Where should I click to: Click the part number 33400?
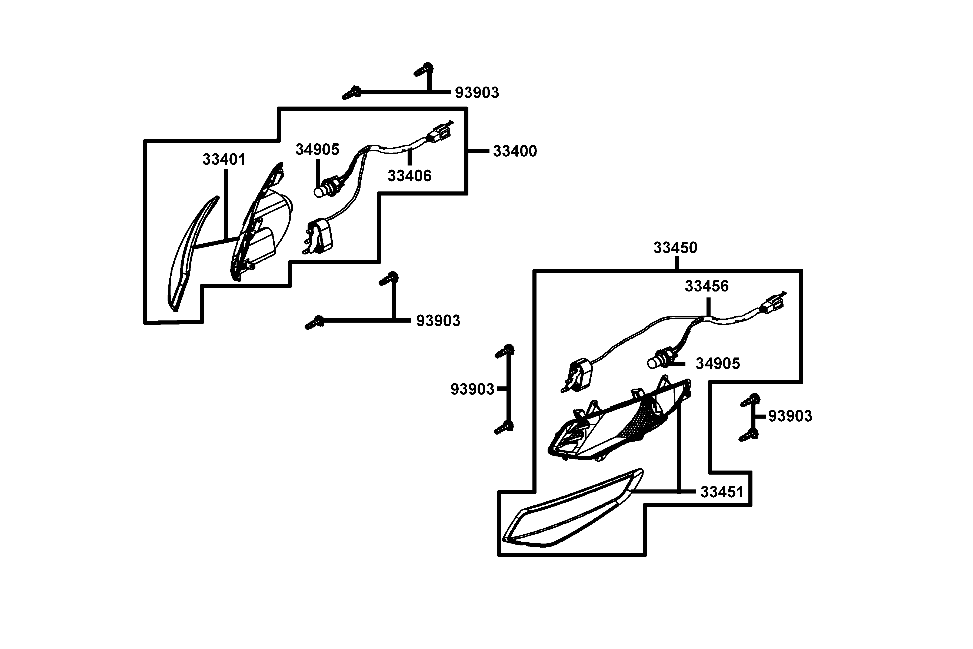pos(515,151)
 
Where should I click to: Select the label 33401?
pos(224,159)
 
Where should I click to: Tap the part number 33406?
pos(409,176)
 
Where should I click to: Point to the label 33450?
pos(675,248)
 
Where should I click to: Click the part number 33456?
pos(707,286)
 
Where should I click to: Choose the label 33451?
pos(722,492)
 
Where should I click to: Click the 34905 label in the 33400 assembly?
pos(317,150)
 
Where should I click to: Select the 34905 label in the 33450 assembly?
pos(717,364)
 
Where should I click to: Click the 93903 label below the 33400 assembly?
pos(438,321)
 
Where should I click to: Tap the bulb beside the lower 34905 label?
pos(654,363)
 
